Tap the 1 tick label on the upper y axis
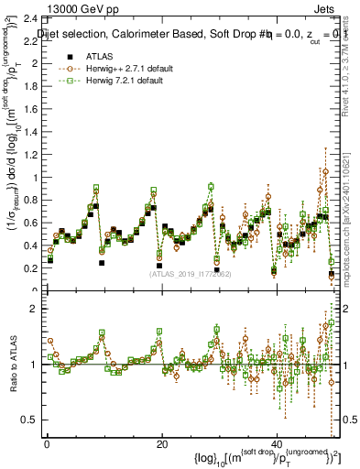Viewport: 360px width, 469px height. [35, 178]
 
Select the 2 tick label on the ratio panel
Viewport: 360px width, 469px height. [35, 309]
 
